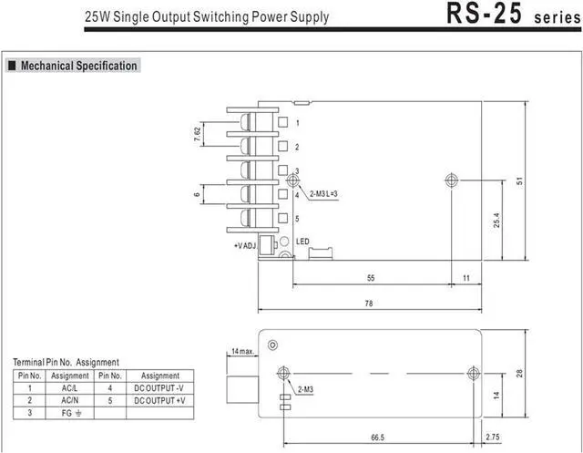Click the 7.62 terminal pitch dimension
[198, 134]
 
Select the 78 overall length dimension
[368, 304]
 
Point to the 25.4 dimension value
[496, 221]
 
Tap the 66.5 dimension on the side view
[377, 438]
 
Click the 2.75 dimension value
[493, 437]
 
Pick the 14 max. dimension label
[243, 351]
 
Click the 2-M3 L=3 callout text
[323, 194]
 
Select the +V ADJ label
[245, 246]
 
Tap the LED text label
[302, 242]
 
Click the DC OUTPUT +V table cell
[160, 400]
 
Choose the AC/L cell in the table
[69, 388]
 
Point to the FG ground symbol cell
[69, 413]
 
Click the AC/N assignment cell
[69, 400]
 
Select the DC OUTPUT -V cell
[160, 388]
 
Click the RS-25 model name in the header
[484, 14]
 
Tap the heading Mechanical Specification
[79, 66]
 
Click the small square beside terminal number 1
[283, 122]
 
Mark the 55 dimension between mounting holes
[371, 278]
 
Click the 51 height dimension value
[519, 180]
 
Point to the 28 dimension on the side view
[519, 374]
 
